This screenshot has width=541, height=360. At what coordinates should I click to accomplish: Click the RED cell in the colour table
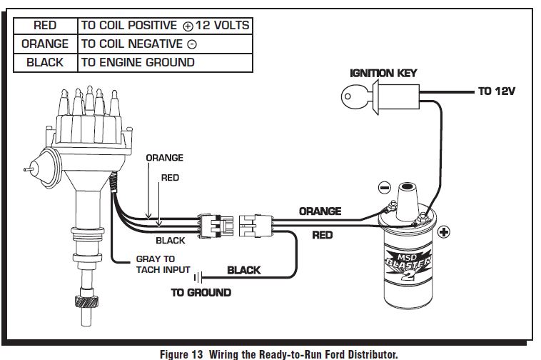tap(45, 25)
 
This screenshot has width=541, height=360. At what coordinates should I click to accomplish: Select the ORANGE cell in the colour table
tap(45, 44)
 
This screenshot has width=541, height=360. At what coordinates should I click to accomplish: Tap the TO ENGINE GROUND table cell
tap(165, 62)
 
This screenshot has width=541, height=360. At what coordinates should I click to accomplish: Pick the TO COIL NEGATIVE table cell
tap(165, 44)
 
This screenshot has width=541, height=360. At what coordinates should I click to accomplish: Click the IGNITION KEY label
tap(383, 73)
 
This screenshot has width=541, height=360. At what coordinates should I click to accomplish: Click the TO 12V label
tap(497, 92)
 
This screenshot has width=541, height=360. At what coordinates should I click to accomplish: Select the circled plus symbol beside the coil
tap(443, 232)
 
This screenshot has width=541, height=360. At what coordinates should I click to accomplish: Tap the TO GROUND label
tap(201, 292)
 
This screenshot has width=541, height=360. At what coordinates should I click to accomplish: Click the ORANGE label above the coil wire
tap(319, 211)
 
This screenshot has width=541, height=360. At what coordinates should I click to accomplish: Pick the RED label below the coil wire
tap(323, 235)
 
